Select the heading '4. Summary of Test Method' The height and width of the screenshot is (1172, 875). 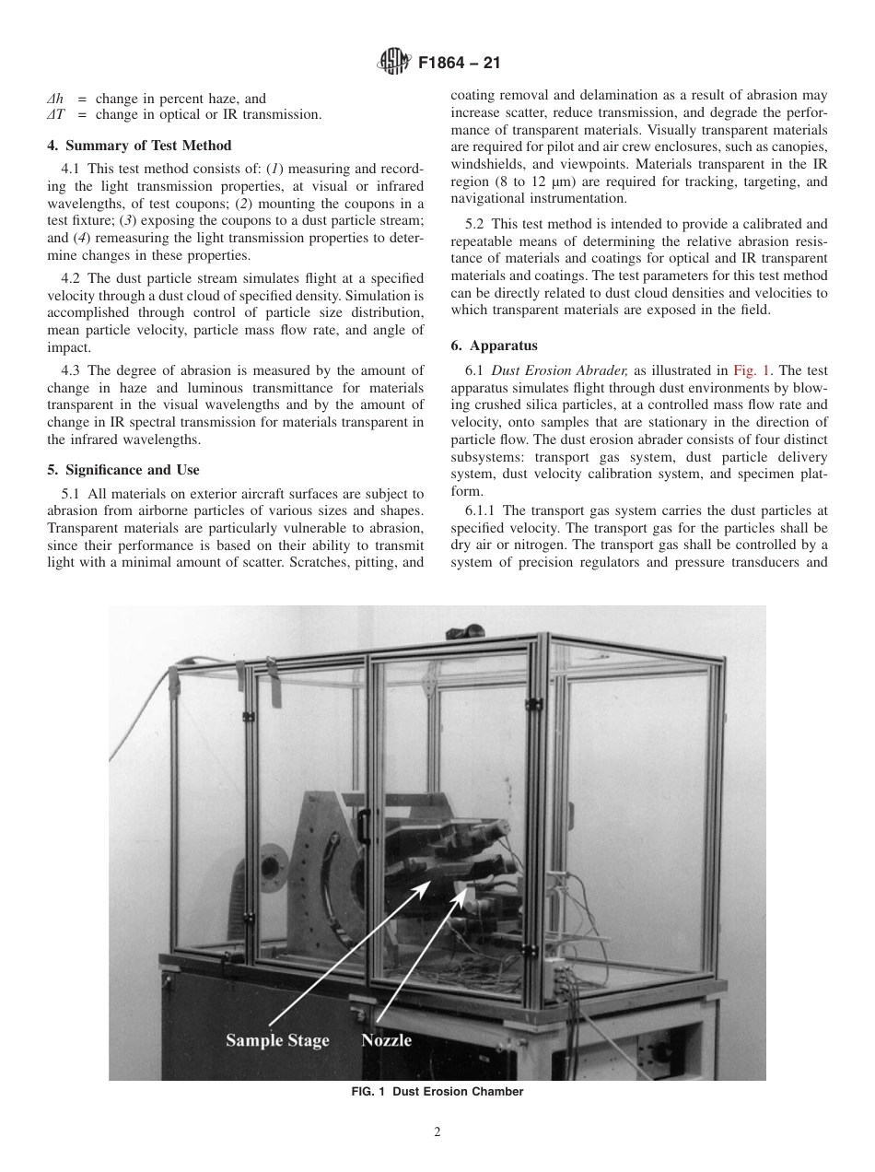(139, 146)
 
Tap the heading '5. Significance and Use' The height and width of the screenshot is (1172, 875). (122, 469)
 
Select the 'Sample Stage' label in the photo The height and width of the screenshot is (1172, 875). (277, 1040)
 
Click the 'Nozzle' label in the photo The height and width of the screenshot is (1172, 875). (386, 1040)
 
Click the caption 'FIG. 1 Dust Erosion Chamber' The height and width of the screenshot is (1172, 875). (437, 1092)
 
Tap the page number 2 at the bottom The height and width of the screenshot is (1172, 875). (437, 1132)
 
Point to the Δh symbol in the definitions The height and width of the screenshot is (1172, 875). (54, 99)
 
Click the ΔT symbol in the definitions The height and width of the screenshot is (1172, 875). (55, 114)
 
